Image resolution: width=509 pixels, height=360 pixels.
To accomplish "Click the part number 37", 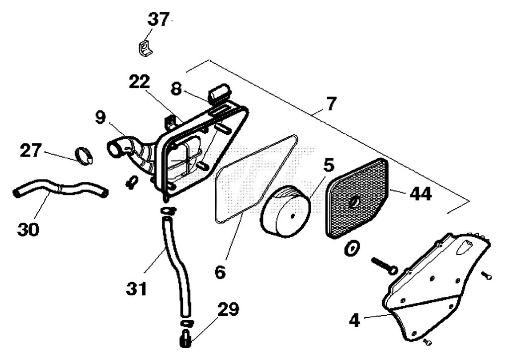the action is point(159,19).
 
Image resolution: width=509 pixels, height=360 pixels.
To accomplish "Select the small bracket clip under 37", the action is point(144,48).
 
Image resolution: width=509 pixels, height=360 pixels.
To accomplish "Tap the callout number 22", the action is point(140,82).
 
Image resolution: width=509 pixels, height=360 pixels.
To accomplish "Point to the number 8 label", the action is point(176,89).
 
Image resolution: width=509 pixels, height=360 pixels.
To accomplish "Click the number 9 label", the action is point(100,117).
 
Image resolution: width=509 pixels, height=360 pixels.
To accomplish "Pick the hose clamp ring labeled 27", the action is point(84,155).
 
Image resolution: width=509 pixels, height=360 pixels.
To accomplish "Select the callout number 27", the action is point(31,151).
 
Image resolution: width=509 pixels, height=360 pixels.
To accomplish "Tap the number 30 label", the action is point(28,230).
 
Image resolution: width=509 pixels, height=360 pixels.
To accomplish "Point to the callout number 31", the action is point(136,288).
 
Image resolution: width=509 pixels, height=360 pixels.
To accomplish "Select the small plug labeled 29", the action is point(185,339).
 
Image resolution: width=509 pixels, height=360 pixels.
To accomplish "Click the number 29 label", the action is point(228,309).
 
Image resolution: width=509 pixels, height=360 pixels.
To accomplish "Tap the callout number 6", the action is point(220,272).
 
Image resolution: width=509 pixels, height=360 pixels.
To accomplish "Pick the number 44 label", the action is point(421,194).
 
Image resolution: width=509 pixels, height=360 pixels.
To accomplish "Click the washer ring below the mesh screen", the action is point(351,249).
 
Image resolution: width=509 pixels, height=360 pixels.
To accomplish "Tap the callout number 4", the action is point(354,320).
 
